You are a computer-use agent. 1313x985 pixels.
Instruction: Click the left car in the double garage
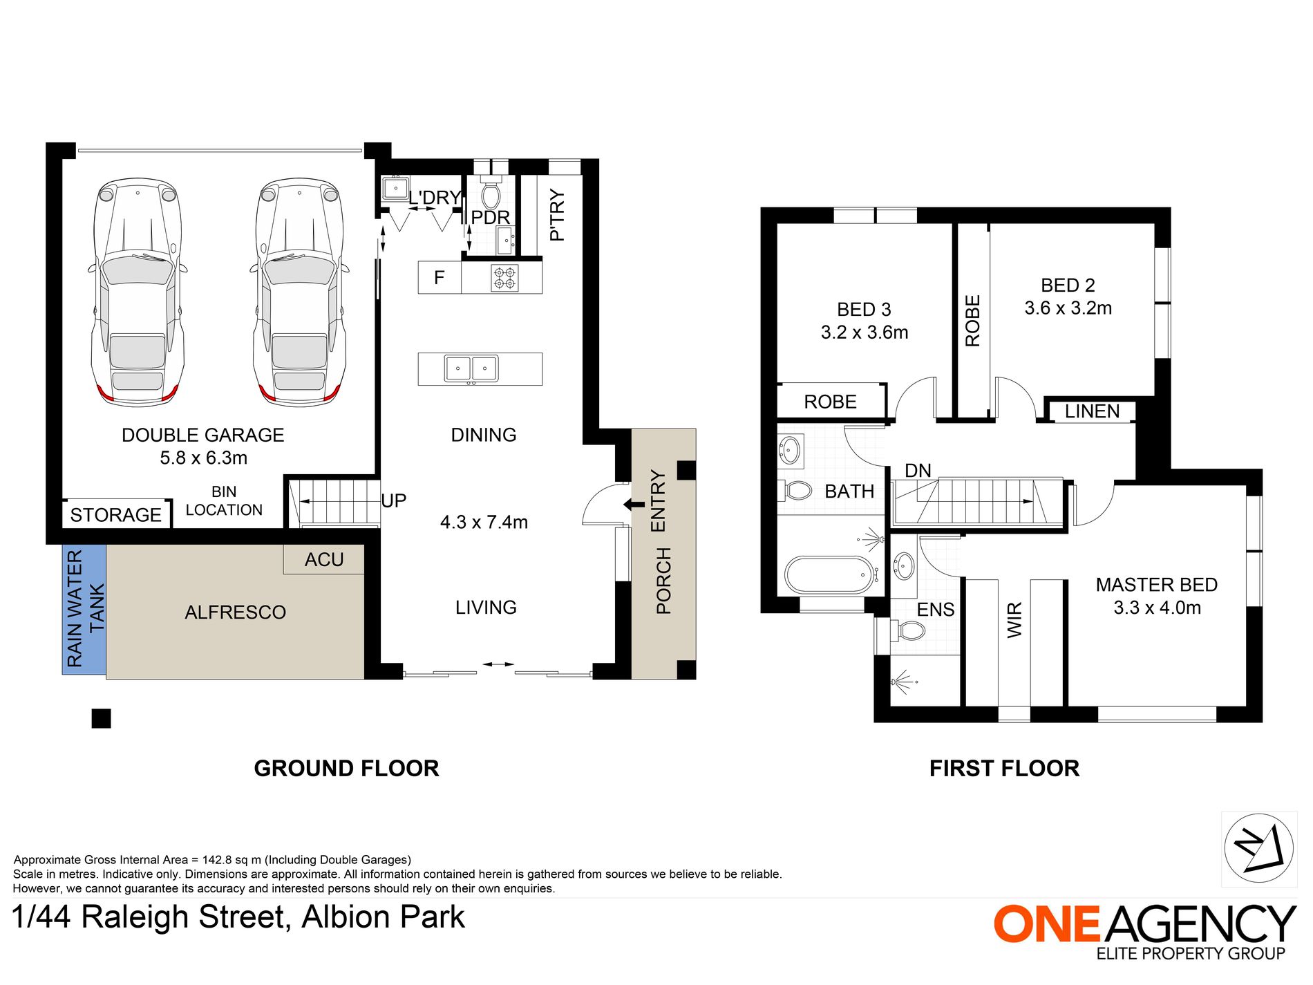(138, 292)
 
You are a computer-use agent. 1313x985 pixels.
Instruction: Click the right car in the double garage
(300, 292)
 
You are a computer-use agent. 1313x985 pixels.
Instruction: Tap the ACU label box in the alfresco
(324, 559)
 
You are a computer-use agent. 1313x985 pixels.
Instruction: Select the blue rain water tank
(84, 609)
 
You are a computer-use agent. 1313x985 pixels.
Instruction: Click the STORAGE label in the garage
(116, 515)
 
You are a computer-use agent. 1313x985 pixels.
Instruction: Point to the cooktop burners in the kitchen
(504, 278)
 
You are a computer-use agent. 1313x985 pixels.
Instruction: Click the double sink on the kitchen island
(471, 368)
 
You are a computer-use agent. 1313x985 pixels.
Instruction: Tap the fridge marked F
(439, 277)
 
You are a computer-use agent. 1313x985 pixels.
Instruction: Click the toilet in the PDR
(491, 193)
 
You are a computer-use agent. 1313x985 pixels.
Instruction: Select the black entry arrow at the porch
(634, 505)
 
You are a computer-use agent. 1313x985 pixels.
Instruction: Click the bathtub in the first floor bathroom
(829, 575)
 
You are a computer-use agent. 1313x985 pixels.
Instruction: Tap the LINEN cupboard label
(1092, 411)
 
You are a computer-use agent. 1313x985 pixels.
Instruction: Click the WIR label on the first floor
(1014, 620)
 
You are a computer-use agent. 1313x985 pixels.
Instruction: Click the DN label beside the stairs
(918, 471)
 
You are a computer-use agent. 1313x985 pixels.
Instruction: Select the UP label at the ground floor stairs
(394, 500)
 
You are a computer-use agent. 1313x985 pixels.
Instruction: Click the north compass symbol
(1258, 848)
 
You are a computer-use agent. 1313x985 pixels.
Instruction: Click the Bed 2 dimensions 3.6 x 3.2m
(1068, 308)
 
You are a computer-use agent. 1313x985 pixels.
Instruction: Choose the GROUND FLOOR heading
(346, 769)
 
